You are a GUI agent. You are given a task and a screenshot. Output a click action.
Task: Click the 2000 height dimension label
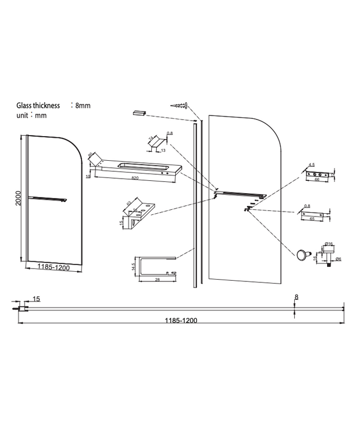19,199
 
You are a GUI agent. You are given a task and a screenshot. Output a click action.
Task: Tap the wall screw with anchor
180,105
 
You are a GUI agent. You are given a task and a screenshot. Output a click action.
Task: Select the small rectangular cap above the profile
138,113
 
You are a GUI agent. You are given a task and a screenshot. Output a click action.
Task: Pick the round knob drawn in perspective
303,255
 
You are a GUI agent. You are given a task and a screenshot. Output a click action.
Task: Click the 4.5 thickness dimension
312,165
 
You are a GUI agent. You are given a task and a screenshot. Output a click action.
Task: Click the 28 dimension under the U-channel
158,279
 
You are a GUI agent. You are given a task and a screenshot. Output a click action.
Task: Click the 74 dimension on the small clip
151,138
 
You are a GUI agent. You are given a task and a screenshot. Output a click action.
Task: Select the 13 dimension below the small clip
162,150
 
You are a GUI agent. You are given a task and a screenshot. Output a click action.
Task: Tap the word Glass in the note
26,104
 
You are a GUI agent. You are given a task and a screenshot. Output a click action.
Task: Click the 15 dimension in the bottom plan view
36,299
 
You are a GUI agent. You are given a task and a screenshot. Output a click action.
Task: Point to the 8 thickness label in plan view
296,297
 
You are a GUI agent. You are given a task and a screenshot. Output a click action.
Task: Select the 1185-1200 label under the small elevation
53,267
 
